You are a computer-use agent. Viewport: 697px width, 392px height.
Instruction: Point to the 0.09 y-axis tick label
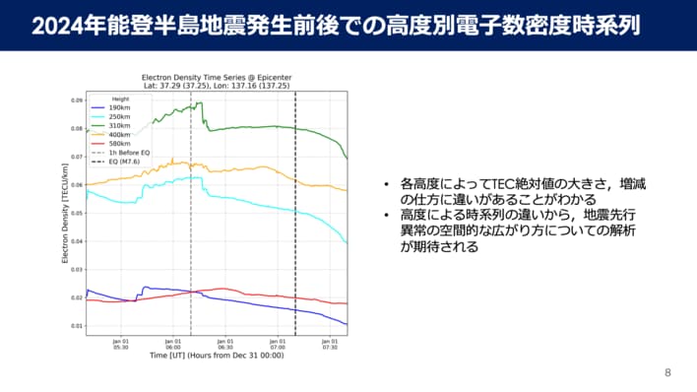[76, 100]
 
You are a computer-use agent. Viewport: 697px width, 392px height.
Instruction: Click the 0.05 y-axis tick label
[76, 213]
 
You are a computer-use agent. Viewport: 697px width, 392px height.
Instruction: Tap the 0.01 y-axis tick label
[76, 325]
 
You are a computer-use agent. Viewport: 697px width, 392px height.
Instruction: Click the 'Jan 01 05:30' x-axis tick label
[121, 344]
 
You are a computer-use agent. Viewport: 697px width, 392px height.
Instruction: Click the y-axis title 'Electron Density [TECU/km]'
[65, 213]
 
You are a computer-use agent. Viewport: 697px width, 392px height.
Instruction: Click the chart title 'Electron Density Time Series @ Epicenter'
[217, 76]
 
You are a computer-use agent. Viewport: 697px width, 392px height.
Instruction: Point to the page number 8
[667, 372]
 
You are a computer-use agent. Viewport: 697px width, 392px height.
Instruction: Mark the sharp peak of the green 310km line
[200, 102]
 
